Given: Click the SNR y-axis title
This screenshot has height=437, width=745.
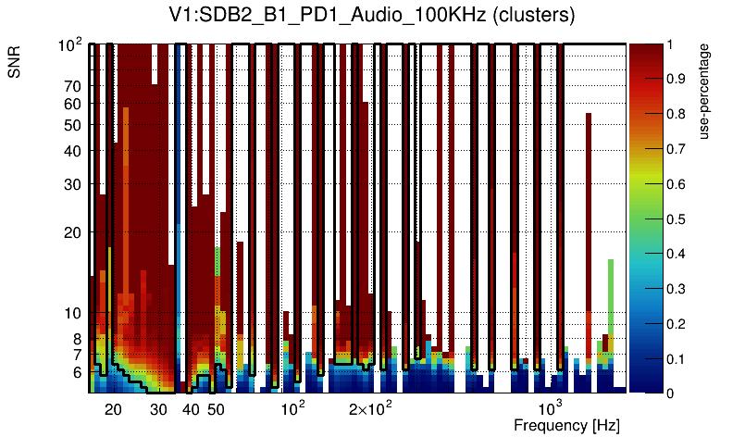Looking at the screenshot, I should [x=15, y=61].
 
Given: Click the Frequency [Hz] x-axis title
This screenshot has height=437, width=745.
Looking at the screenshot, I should [x=566, y=425].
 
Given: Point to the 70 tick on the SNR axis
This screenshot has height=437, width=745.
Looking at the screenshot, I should [x=72, y=87].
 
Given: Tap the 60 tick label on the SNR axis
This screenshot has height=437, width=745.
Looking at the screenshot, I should [x=72, y=105].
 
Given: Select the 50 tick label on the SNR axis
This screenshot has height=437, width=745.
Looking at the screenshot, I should [x=72, y=125].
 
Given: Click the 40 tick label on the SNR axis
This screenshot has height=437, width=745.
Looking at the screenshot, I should [x=72, y=151].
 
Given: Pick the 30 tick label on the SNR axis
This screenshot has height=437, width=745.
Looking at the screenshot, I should [x=72, y=184].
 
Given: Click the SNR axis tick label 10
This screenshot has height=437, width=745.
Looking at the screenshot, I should [x=72, y=314].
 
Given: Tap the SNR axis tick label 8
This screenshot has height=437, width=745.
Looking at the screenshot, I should [x=76, y=339].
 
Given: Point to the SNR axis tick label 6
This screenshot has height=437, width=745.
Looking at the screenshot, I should [x=76, y=372].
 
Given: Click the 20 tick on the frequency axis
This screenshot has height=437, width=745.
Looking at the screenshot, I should [x=113, y=409].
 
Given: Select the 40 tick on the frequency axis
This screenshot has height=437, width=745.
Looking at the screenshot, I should [x=191, y=409].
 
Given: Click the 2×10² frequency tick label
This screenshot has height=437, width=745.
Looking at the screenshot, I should [x=370, y=408].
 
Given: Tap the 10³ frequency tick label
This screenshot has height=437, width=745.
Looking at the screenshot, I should [x=550, y=408].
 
